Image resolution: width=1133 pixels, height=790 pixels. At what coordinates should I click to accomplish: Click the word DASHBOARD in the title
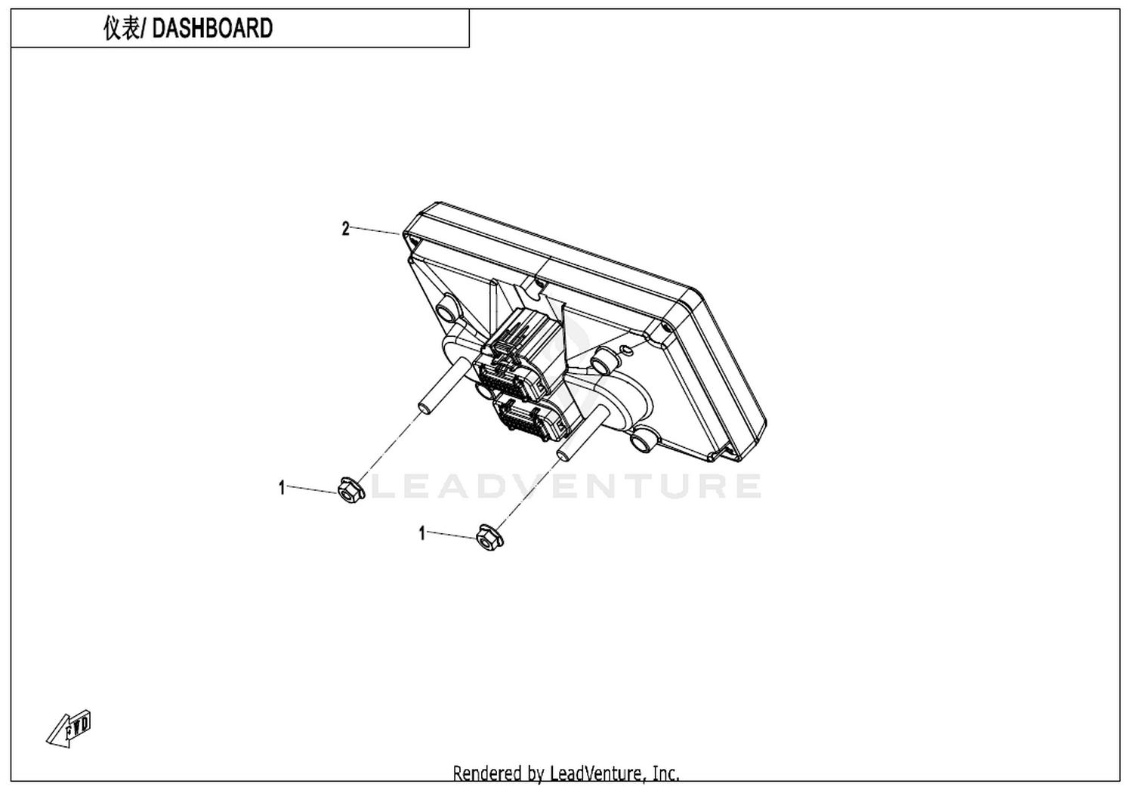point(212,28)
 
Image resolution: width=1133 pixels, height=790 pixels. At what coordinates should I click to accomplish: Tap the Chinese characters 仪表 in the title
point(122,28)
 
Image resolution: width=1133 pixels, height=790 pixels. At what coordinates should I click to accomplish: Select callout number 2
point(345,229)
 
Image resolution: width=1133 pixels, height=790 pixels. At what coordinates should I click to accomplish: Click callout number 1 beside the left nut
point(282,488)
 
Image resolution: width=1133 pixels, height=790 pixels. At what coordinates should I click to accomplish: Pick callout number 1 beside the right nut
point(422,533)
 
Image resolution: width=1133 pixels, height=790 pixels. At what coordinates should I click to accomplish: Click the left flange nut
point(351,489)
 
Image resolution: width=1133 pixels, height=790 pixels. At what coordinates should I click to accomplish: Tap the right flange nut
point(489,537)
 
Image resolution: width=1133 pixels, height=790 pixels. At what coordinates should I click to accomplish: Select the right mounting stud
point(582,433)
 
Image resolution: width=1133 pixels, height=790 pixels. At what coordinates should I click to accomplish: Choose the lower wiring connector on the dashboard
point(531,417)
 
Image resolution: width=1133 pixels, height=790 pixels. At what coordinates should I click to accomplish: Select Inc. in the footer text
point(665,773)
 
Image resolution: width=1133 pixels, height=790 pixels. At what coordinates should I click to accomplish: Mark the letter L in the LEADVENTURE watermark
point(384,486)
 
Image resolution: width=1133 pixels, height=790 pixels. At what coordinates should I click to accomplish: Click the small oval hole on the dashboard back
point(625,348)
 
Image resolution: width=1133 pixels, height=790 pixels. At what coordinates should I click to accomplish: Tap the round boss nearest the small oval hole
point(603,362)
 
